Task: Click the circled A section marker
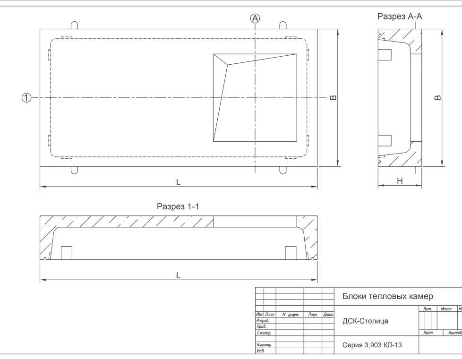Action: pyautogui.click(x=255, y=18)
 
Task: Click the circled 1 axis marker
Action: pyautogui.click(x=26, y=97)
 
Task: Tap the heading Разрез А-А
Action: pyautogui.click(x=400, y=16)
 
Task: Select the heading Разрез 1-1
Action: pyautogui.click(x=178, y=206)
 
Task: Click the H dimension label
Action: pyautogui.click(x=400, y=181)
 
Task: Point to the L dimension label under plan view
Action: pyautogui.click(x=178, y=182)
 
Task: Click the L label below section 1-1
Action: pyautogui.click(x=178, y=275)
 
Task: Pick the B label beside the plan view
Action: pyautogui.click(x=333, y=97)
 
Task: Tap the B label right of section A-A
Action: pyautogui.click(x=438, y=97)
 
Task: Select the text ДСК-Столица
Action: pyautogui.click(x=365, y=321)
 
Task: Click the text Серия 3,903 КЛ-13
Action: pyautogui.click(x=372, y=345)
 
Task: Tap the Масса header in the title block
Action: pyautogui.click(x=446, y=309)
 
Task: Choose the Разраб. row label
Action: pyautogui.click(x=263, y=320)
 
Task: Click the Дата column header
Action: pyautogui.click(x=328, y=315)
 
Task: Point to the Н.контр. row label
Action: pyautogui.click(x=264, y=345)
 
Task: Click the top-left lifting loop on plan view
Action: pyautogui.click(x=75, y=26)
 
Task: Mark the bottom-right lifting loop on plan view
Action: pyautogui.click(x=283, y=170)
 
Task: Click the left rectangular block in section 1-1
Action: pyautogui.click(x=67, y=253)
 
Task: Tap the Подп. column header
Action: pyautogui.click(x=313, y=315)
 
